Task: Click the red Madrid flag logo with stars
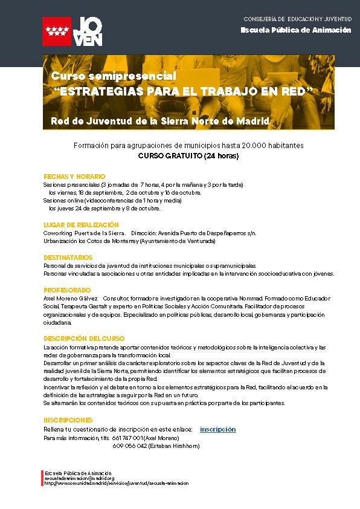[57, 31]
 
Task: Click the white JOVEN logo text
[88, 31]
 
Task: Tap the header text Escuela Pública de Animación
[295, 30]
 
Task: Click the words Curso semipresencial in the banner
[114, 76]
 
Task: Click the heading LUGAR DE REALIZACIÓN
[81, 224]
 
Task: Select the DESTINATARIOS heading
[67, 257]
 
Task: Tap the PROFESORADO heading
[67, 290]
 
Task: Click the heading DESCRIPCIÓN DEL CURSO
[84, 339]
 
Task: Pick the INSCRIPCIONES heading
[68, 419]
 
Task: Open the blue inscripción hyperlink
[217, 429]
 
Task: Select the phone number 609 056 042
[129, 446]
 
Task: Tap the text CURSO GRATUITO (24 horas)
[188, 156]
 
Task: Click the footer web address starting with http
[117, 483]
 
